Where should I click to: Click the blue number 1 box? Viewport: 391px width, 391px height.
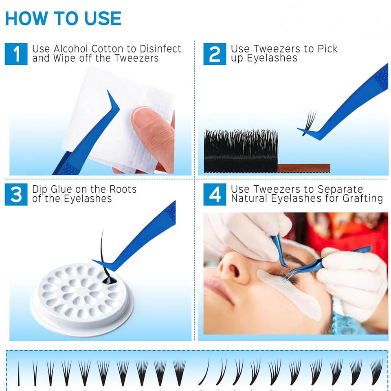click(x=16, y=54)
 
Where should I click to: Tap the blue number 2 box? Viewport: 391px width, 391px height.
click(x=215, y=54)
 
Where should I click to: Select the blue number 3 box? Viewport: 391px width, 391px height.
click(x=16, y=195)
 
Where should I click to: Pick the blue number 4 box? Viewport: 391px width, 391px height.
click(x=215, y=195)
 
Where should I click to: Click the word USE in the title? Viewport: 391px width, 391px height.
click(x=103, y=18)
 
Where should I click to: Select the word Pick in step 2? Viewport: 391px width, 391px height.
click(x=327, y=48)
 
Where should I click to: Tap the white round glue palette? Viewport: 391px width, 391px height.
click(x=82, y=299)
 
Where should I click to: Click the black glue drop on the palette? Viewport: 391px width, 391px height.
click(x=109, y=280)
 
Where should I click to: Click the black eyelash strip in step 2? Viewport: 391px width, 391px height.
click(x=241, y=151)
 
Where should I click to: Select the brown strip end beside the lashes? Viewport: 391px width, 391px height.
click(x=304, y=168)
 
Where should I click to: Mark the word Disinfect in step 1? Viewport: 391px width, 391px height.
click(x=160, y=48)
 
